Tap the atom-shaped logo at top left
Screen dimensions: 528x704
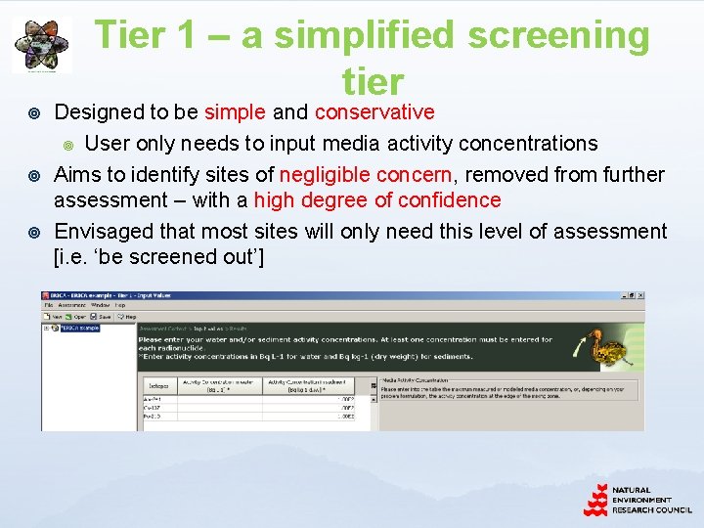[41, 45]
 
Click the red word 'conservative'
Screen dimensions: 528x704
[374, 112]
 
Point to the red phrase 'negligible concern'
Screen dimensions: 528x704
[366, 175]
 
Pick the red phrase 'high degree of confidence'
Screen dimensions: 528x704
[377, 200]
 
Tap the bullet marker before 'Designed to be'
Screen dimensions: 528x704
[35, 113]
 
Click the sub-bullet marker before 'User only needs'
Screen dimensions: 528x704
[68, 145]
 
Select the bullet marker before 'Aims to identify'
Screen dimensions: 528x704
[35, 176]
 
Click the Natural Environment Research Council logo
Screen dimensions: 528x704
[637, 500]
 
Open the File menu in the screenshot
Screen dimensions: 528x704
[49, 305]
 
